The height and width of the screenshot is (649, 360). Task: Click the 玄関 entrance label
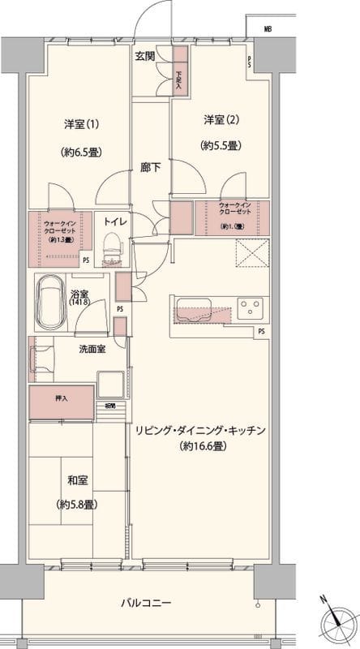pyautogui.click(x=145, y=56)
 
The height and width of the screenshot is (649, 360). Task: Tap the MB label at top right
pyautogui.click(x=267, y=30)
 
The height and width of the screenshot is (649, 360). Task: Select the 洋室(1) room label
pyautogui.click(x=80, y=124)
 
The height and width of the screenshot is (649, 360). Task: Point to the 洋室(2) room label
pyautogui.click(x=219, y=120)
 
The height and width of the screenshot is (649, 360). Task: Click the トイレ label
pyautogui.click(x=111, y=220)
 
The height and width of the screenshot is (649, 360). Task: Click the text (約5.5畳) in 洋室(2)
pyautogui.click(x=219, y=147)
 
